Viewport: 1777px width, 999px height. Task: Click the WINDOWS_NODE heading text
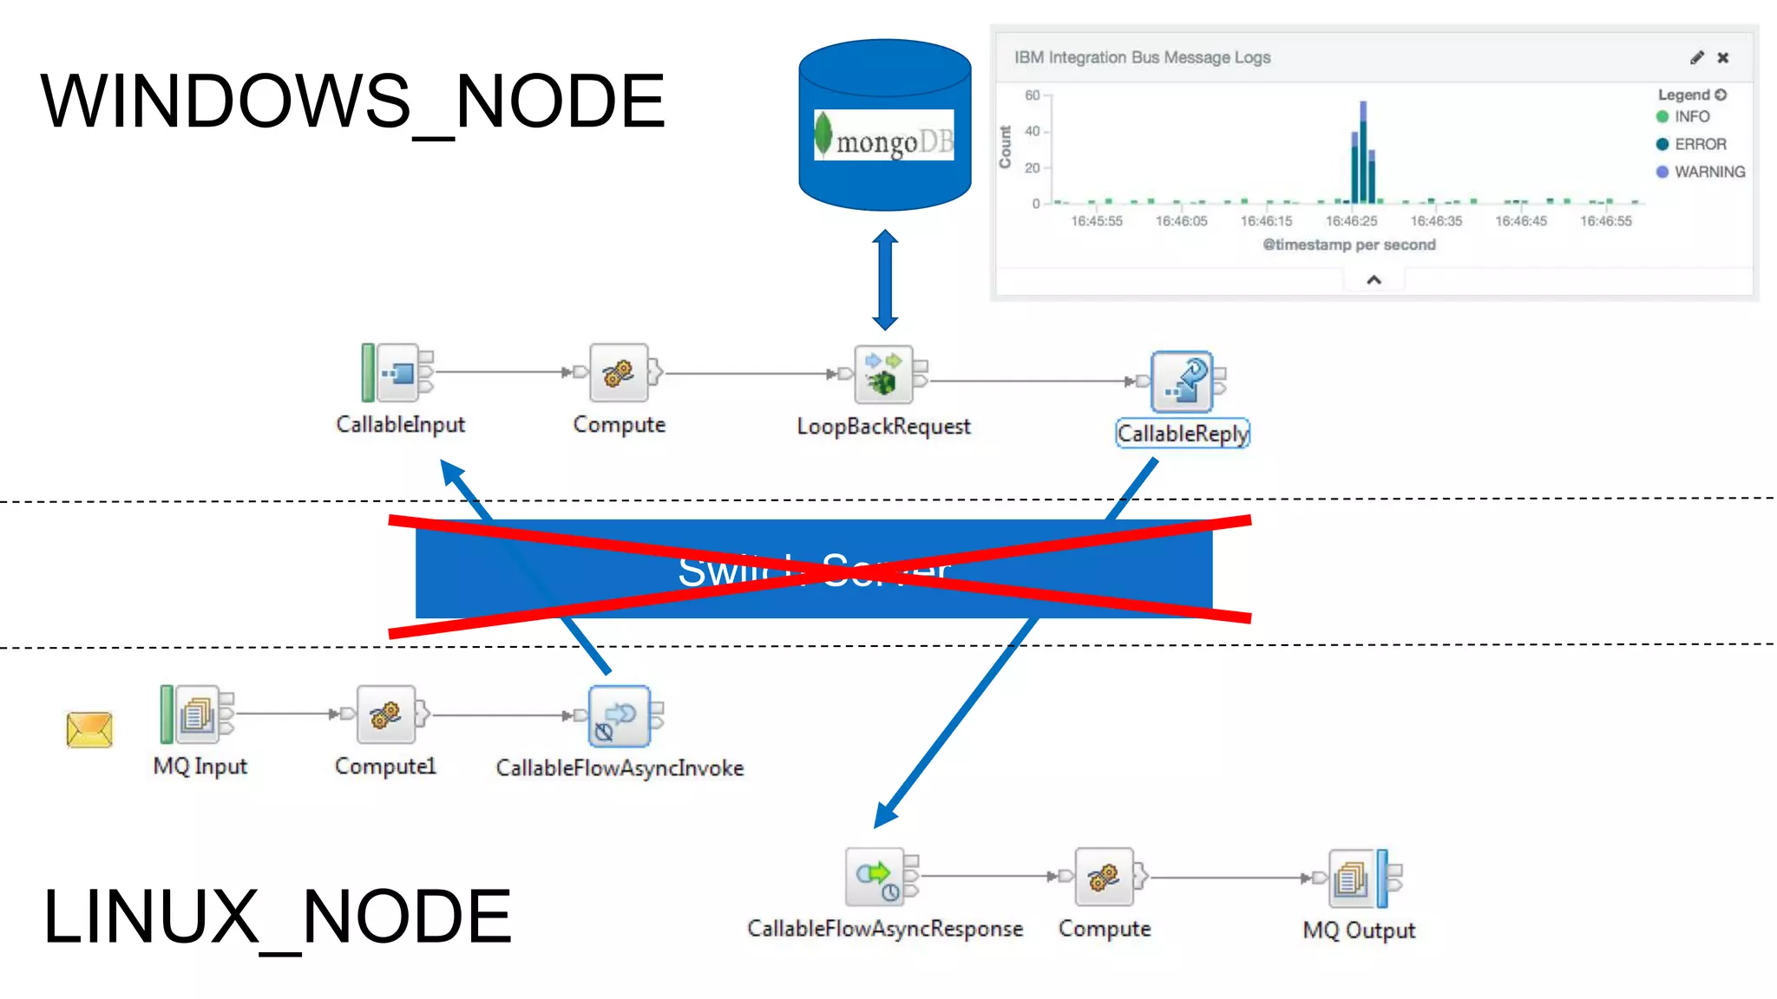(x=352, y=102)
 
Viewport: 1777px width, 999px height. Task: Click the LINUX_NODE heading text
(x=278, y=917)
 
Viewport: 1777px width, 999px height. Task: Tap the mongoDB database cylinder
(x=884, y=126)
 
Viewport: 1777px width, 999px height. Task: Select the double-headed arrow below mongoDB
(x=885, y=280)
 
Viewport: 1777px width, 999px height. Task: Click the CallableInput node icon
(x=397, y=373)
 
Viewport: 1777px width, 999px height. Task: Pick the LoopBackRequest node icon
(x=883, y=375)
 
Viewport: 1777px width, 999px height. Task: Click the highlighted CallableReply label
(x=1182, y=434)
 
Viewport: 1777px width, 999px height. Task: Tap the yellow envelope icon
(x=89, y=729)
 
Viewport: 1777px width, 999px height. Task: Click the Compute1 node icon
(x=385, y=715)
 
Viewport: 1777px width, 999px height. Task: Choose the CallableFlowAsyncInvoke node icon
(x=619, y=716)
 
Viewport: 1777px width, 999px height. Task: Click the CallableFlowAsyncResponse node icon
(x=875, y=877)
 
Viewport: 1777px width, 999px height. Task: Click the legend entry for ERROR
(x=1699, y=144)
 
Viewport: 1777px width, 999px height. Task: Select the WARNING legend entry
(x=1708, y=172)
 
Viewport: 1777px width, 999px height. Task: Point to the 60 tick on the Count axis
(x=1033, y=95)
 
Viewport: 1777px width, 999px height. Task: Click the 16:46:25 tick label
(x=1351, y=221)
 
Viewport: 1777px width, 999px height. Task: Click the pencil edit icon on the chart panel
(x=1697, y=57)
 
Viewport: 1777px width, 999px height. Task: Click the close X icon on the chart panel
(x=1723, y=57)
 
